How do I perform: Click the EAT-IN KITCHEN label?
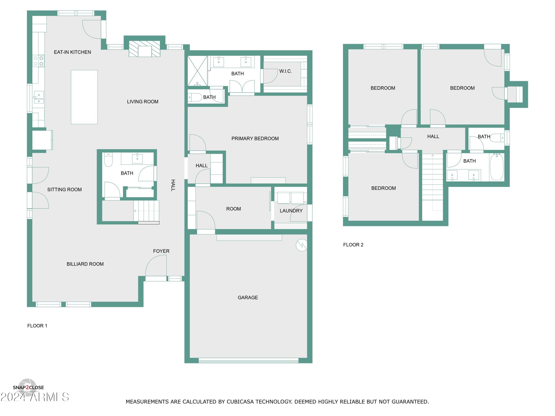72,52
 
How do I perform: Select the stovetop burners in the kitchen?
38,61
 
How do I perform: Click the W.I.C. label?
285,71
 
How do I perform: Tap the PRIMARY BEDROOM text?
255,138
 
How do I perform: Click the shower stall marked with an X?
197,71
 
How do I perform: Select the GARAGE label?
248,297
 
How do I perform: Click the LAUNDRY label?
291,211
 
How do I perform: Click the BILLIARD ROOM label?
85,264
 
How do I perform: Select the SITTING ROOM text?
65,190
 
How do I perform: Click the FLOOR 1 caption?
37,325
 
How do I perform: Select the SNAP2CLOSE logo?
28,387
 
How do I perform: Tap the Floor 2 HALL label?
433,136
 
